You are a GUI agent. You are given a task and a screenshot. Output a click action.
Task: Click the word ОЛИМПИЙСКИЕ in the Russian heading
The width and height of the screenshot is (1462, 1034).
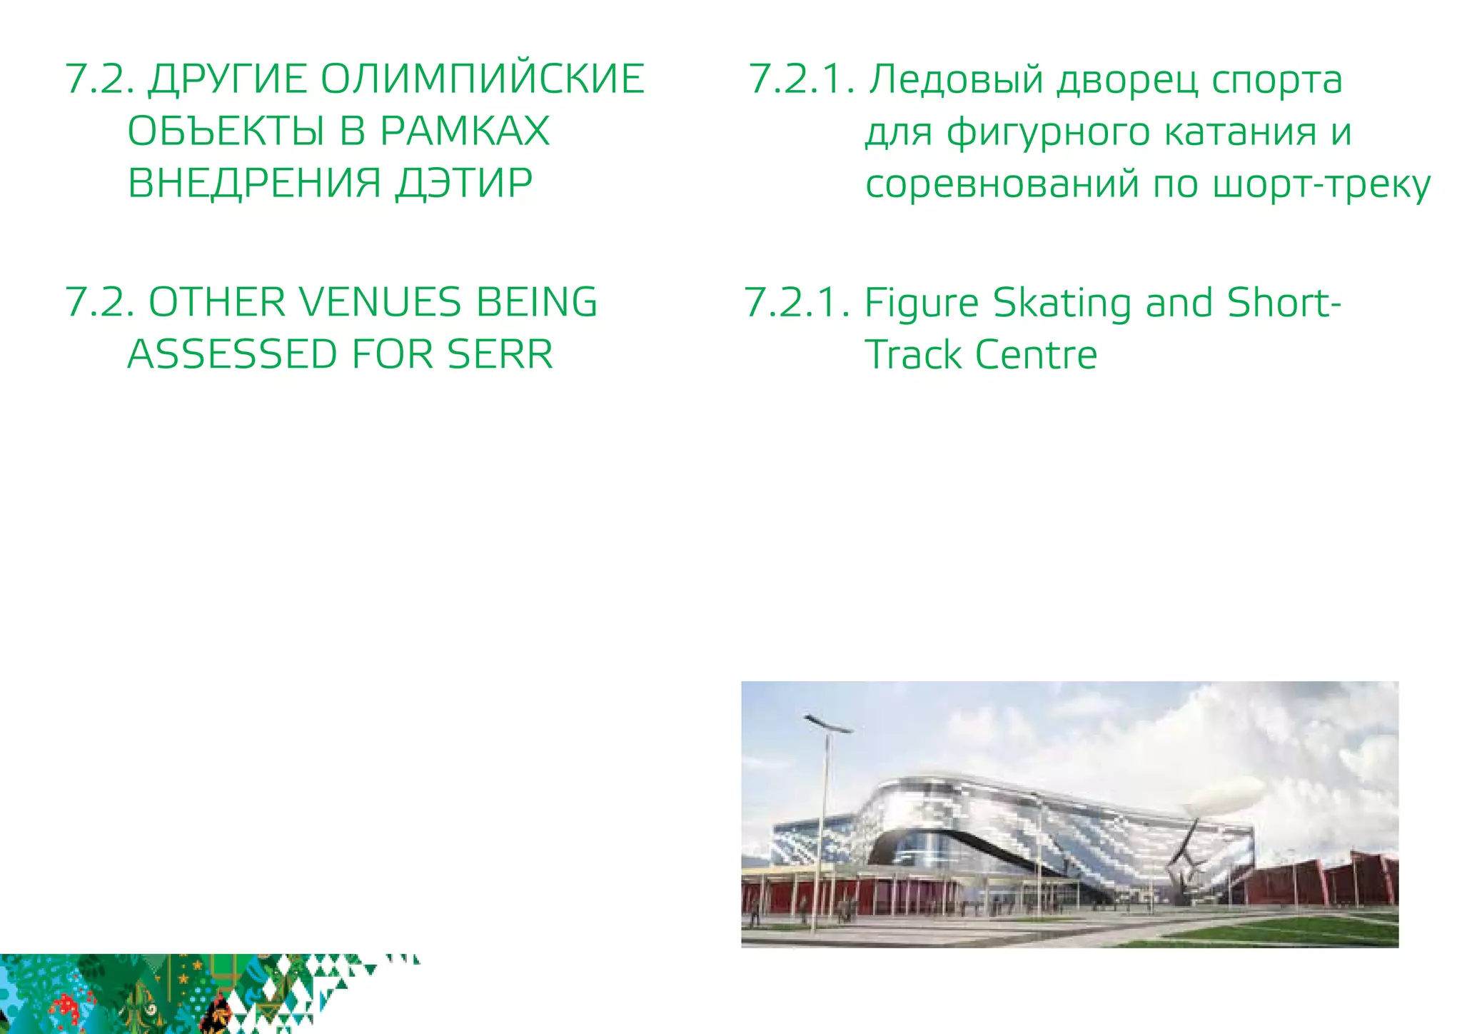pos(482,79)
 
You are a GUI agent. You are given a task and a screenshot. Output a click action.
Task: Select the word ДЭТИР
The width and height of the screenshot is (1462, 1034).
pos(464,184)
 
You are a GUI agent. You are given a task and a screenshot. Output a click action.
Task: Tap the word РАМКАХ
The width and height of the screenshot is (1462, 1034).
pos(465,131)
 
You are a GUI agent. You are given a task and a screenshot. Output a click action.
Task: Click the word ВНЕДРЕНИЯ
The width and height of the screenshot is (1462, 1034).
pos(255,184)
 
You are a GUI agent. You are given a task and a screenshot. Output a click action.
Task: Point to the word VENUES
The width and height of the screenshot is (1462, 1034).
pos(380,302)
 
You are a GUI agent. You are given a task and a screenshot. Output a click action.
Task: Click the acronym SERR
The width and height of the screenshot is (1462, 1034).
pos(500,355)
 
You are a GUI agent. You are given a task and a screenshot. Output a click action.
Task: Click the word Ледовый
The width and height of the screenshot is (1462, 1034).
pos(956,79)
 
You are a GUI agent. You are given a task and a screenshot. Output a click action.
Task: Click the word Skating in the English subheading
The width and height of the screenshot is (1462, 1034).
pos(1063,303)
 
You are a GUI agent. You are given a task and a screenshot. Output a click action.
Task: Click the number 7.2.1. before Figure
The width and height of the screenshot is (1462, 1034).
pos(797,303)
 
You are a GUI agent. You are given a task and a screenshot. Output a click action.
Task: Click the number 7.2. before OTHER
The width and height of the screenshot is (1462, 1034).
pos(100,302)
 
